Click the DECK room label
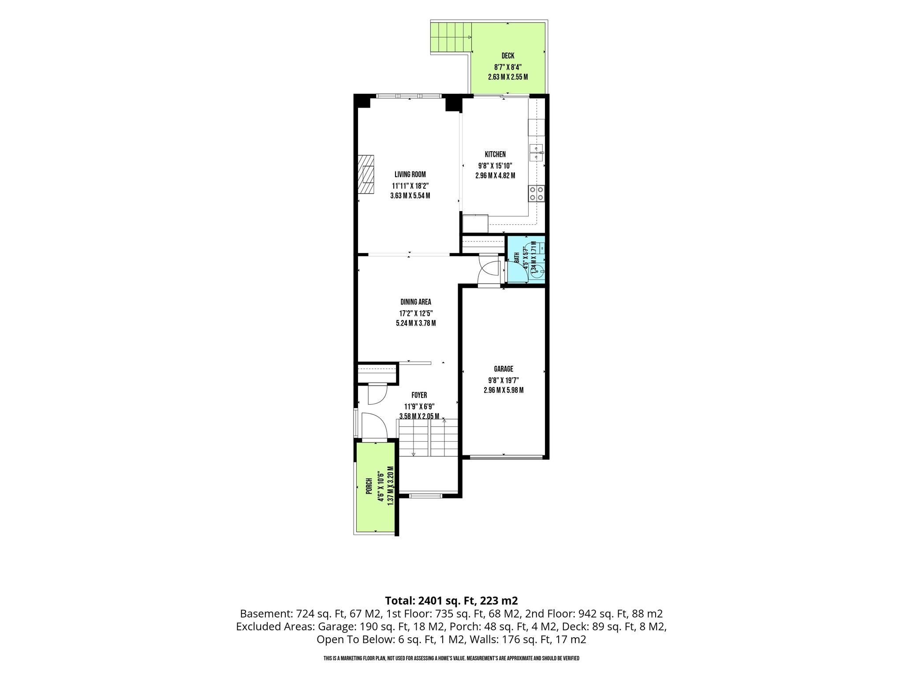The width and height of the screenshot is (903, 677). pyautogui.click(x=508, y=56)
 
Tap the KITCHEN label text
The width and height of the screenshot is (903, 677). pyautogui.click(x=495, y=155)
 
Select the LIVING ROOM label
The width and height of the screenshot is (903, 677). pyautogui.click(x=410, y=175)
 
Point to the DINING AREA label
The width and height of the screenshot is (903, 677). pyautogui.click(x=416, y=302)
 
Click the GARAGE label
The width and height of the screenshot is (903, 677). pyautogui.click(x=503, y=369)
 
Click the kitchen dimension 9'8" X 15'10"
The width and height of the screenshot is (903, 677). pyautogui.click(x=495, y=166)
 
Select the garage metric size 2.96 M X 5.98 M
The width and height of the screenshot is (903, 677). pyautogui.click(x=503, y=390)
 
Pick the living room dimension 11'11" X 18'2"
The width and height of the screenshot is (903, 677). pyautogui.click(x=410, y=186)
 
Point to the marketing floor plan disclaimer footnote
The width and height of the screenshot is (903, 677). pyautogui.click(x=451, y=658)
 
